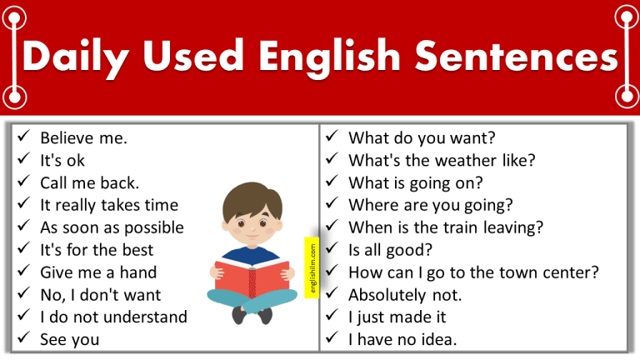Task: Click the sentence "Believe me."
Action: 83,138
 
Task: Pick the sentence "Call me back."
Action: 89,182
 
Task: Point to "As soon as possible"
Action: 112,227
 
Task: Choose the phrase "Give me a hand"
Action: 98,272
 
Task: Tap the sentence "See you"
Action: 69,339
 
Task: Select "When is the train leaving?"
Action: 446,227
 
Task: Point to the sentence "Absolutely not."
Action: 405,294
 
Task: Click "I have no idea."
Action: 403,339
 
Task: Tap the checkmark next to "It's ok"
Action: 22,160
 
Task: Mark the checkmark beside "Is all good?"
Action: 332,249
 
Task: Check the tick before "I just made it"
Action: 332,317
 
